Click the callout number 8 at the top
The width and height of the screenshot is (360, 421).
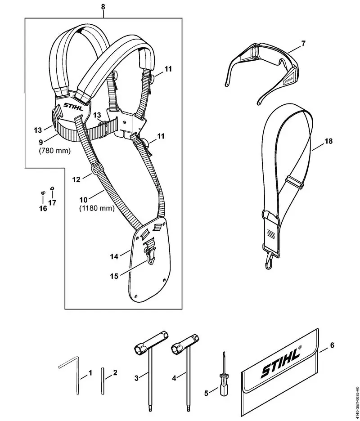tap(103, 7)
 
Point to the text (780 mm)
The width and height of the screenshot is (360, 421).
tap(55, 151)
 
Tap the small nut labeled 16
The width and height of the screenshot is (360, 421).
tap(42, 193)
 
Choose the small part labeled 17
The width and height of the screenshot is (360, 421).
tap(52, 188)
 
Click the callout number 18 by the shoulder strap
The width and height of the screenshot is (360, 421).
tap(328, 142)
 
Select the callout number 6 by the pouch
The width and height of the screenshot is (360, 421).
tap(332, 345)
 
